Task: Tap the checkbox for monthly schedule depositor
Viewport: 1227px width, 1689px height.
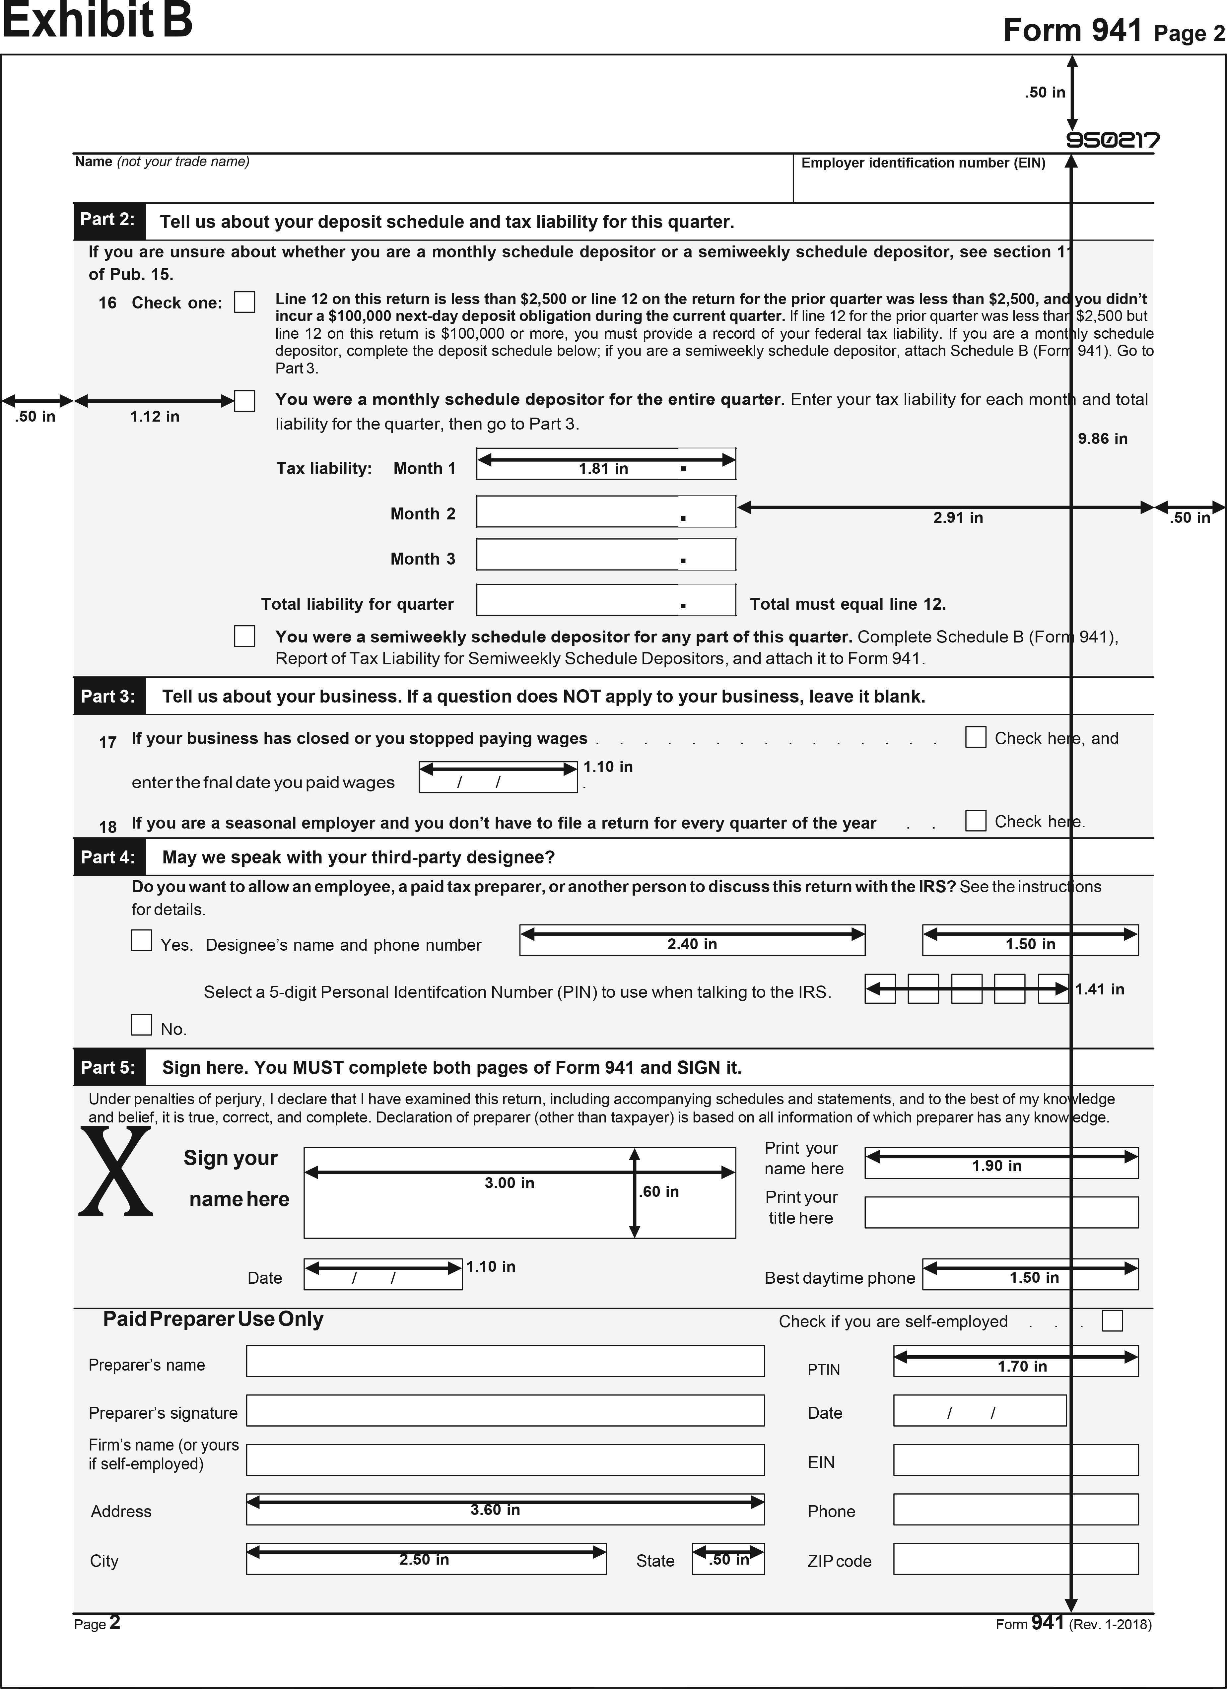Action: coord(244,401)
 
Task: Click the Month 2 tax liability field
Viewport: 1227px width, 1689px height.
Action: coord(605,511)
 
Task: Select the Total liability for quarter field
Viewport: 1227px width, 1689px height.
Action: coord(605,600)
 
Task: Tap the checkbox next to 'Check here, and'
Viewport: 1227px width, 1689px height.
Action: coord(975,737)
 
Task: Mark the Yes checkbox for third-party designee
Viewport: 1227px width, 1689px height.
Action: coord(141,941)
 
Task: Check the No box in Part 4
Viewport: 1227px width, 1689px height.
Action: coord(141,1025)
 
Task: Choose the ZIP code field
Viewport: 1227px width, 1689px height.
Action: coord(1016,1559)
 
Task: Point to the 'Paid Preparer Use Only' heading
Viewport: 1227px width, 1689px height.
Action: coord(213,1319)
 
